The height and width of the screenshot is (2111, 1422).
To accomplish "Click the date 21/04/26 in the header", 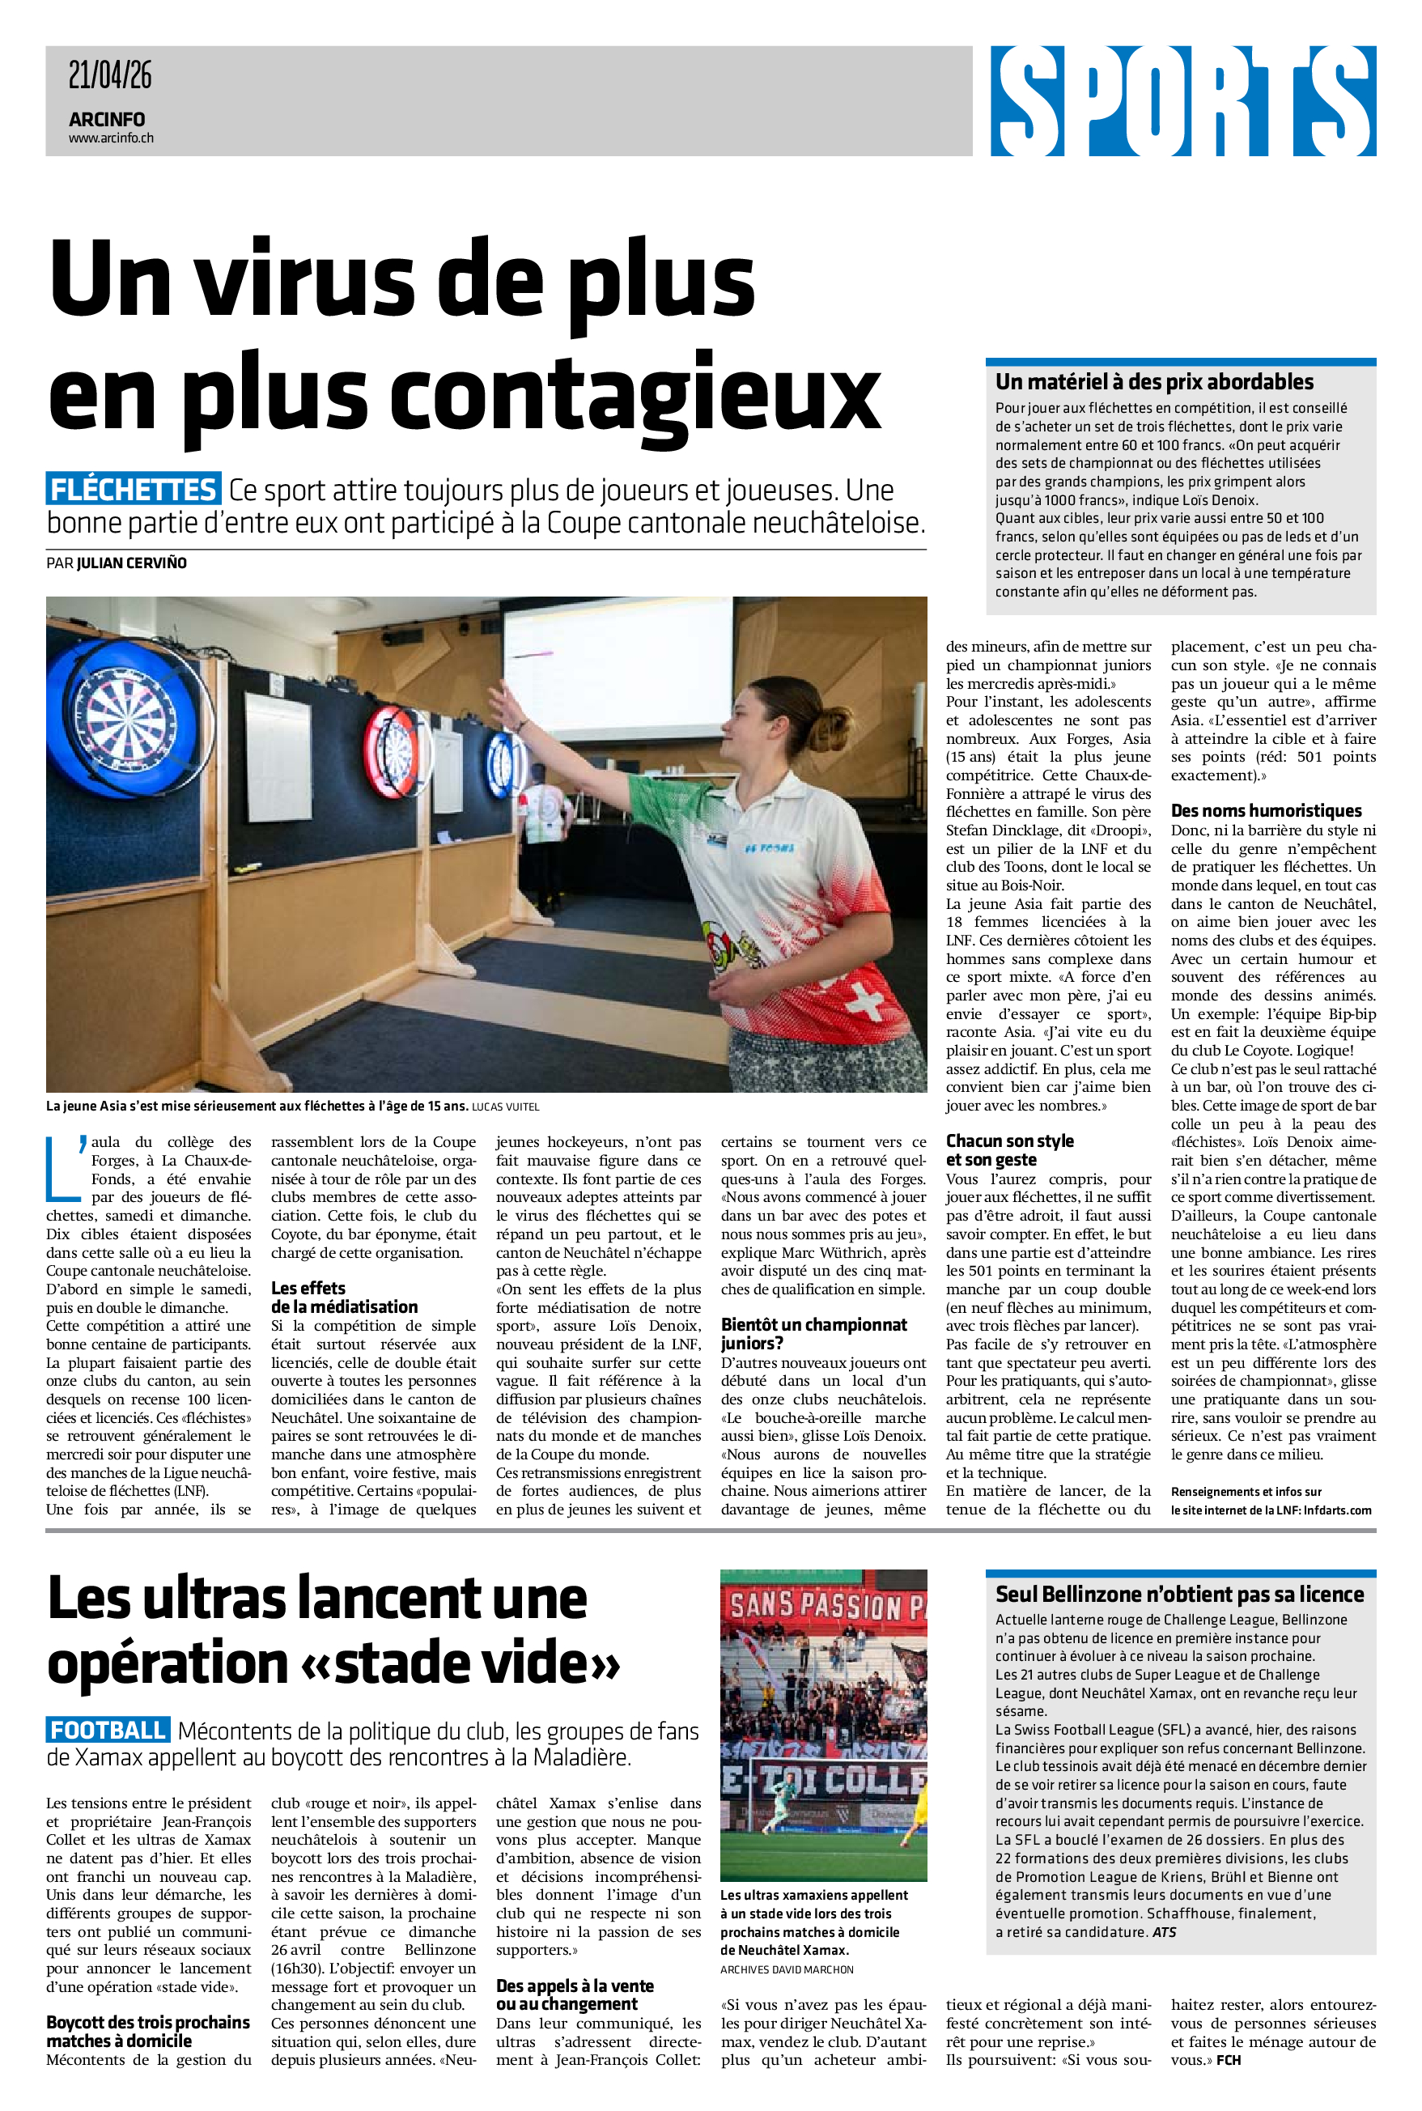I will (x=110, y=75).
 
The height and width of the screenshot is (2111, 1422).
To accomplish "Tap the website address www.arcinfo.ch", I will (x=111, y=138).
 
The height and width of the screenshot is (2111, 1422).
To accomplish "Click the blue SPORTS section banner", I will (x=1182, y=100).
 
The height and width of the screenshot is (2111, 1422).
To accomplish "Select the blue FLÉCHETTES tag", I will (x=134, y=490).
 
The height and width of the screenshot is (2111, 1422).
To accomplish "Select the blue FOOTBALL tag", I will (x=108, y=1730).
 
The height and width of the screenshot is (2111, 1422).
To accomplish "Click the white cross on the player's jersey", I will (x=866, y=1003).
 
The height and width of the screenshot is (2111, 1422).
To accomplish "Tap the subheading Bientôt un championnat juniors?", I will (x=813, y=1334).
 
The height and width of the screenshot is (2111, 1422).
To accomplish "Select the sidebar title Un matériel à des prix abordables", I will (x=1153, y=382).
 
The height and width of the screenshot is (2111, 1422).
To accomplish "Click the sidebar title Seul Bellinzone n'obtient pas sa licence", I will (x=1179, y=1594).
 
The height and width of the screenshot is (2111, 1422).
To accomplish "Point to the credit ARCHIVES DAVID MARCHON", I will (x=787, y=1969).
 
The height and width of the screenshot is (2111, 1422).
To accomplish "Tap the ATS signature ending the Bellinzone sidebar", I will (x=1164, y=1932).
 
